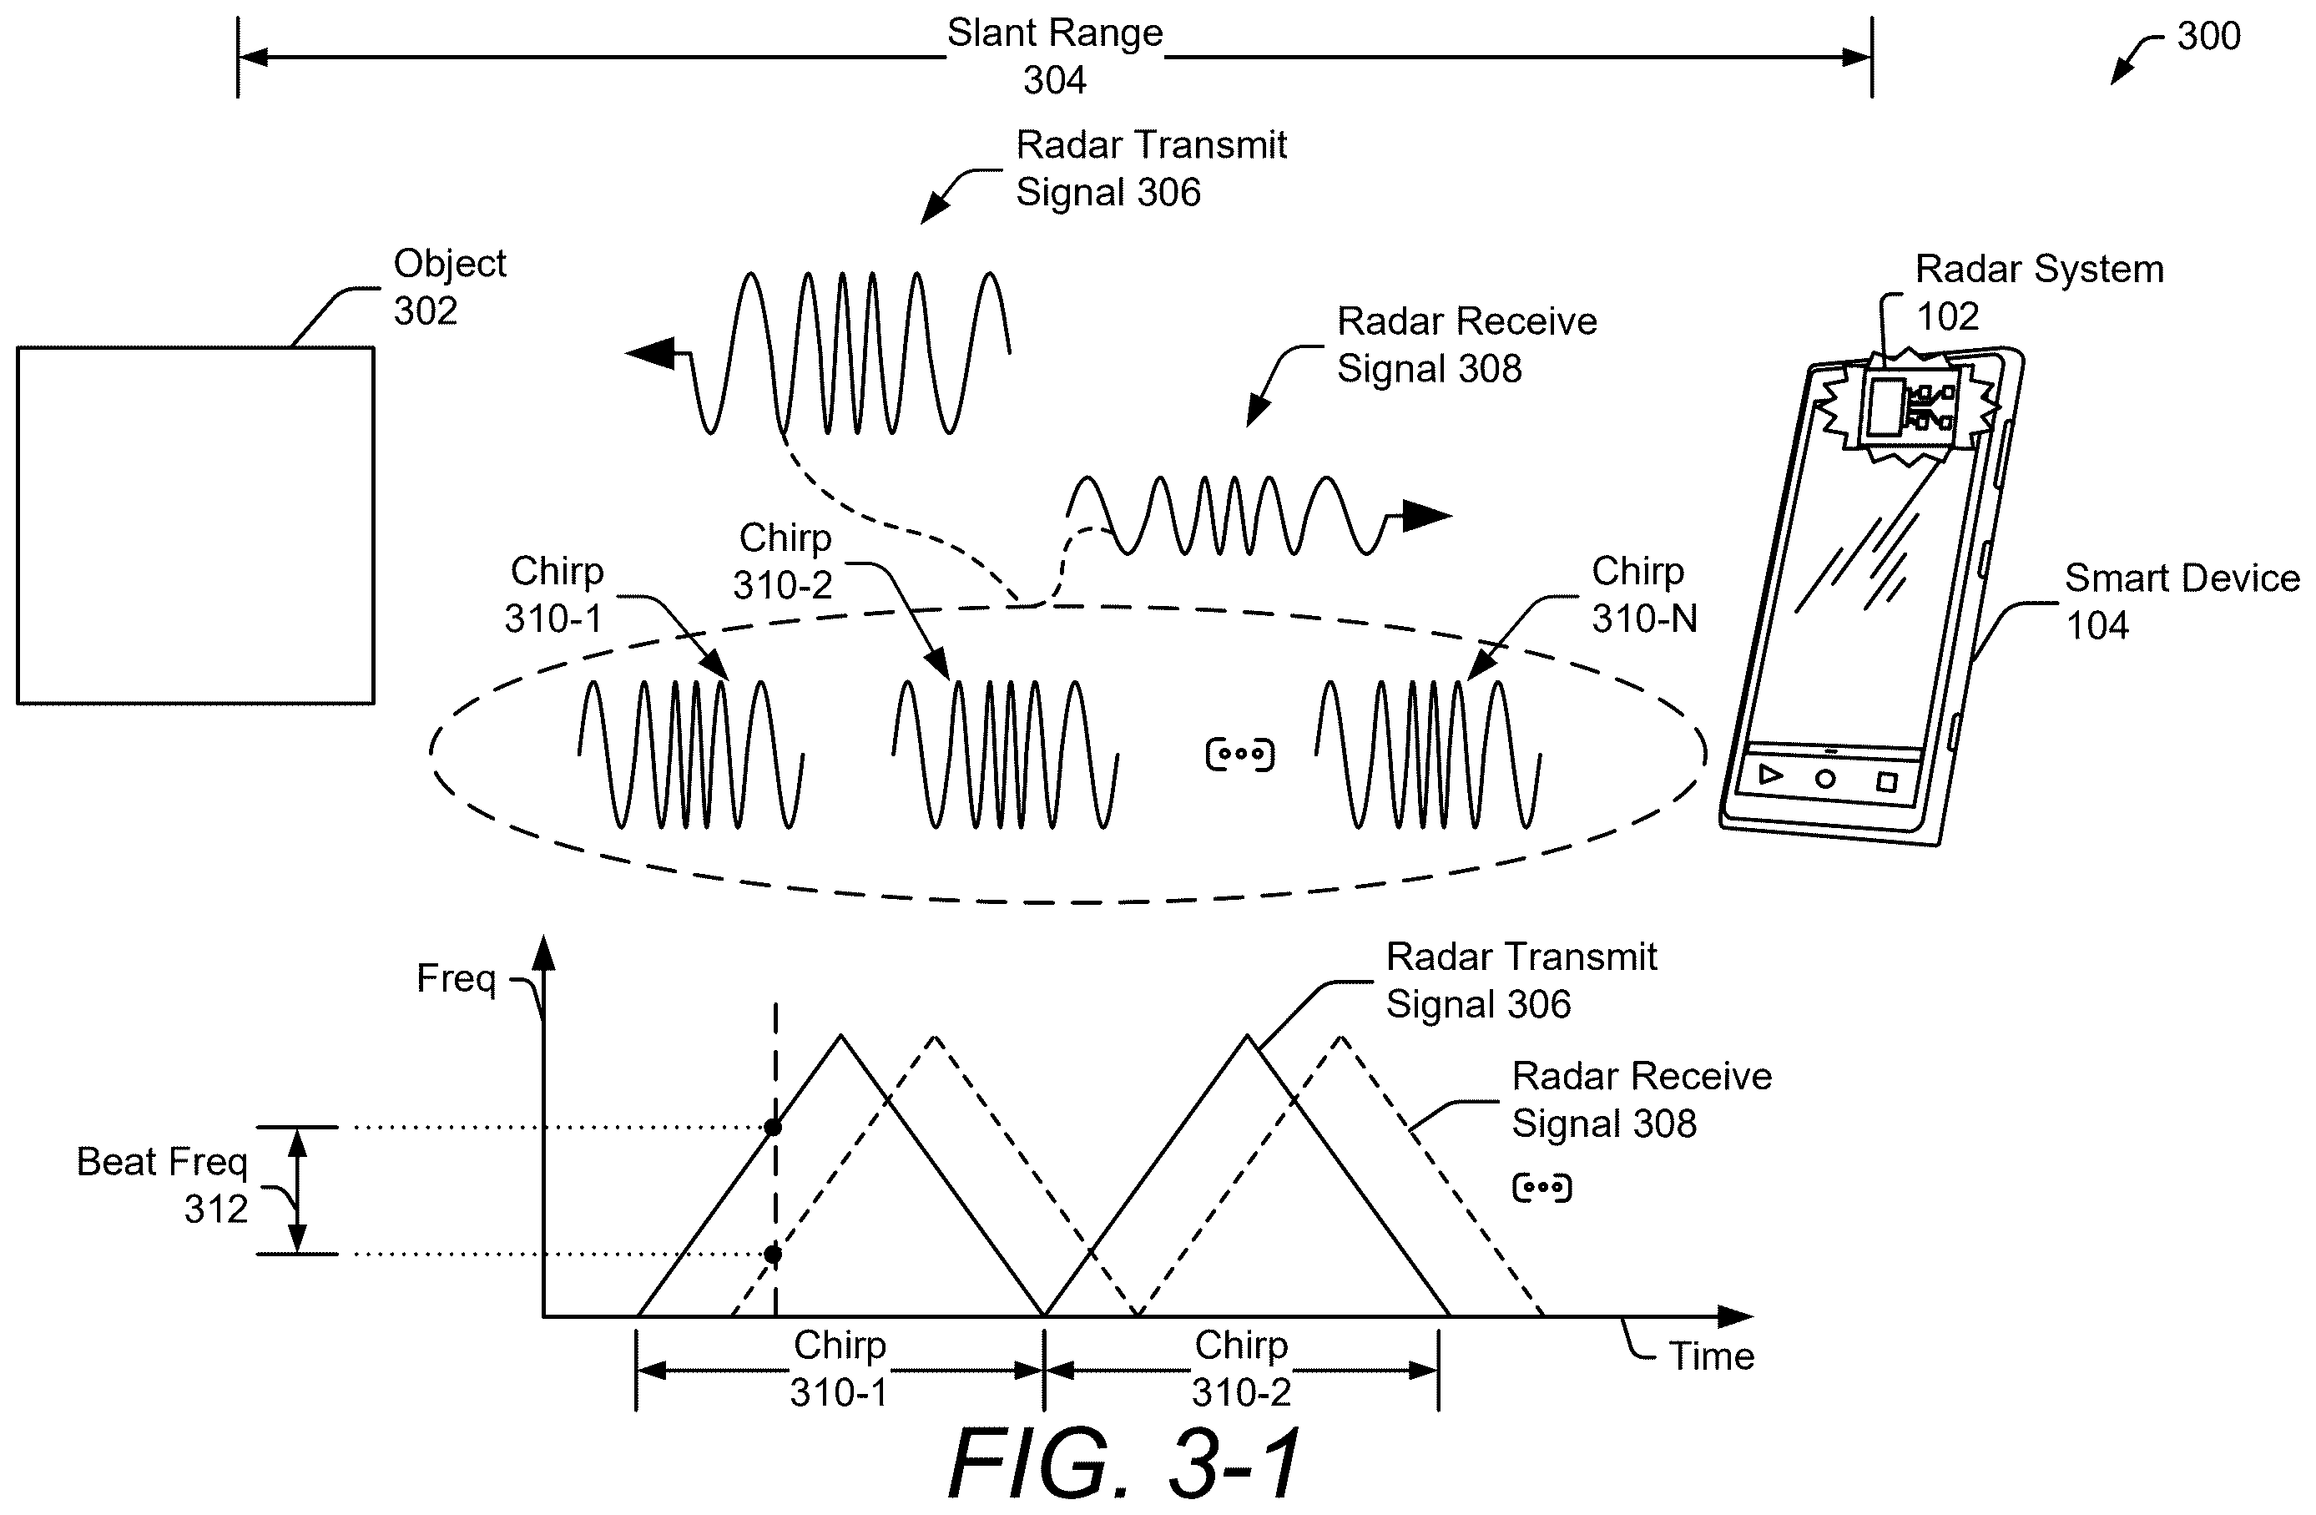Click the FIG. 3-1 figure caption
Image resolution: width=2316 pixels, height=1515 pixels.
(x=1125, y=1462)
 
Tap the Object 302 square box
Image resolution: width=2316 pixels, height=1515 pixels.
(x=195, y=525)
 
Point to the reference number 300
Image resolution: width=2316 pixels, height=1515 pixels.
(x=2208, y=36)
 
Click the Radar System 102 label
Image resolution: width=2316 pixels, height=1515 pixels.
(x=2040, y=292)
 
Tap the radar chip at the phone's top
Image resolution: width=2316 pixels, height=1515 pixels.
(x=1908, y=409)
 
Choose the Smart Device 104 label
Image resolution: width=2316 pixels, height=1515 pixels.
(x=2182, y=601)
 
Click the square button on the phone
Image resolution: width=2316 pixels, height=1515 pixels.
(x=1887, y=782)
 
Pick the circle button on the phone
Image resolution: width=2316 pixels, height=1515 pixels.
(x=1825, y=779)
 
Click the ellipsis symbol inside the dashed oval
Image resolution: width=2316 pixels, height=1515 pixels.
(x=1239, y=754)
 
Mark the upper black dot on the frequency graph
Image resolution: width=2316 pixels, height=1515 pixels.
(x=773, y=1128)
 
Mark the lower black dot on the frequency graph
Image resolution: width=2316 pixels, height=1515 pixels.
(x=773, y=1255)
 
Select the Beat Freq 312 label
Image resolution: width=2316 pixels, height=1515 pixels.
(x=163, y=1185)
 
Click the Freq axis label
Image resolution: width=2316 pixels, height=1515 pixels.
(x=456, y=978)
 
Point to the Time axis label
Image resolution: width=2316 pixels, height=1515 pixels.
(x=1712, y=1356)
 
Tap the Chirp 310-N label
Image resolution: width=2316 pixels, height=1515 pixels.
(x=1644, y=594)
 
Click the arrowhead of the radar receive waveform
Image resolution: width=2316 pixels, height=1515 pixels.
(x=1426, y=515)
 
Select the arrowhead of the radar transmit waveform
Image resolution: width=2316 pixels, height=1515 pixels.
(x=650, y=352)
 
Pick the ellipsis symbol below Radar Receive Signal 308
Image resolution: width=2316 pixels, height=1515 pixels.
(x=1542, y=1187)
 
